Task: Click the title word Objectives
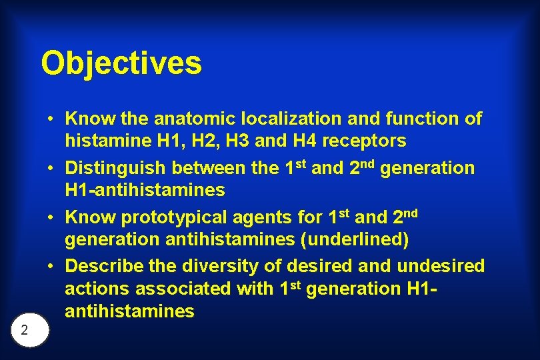121,63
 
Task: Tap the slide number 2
24,329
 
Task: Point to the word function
424,119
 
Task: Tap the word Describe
107,266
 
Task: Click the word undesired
441,266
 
